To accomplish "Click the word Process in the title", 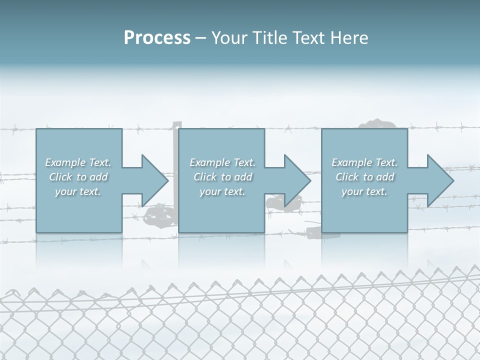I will pos(157,38).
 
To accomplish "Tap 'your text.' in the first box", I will pos(78,191).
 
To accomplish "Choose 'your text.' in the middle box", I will pos(222,191).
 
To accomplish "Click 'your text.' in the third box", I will pos(364,191).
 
